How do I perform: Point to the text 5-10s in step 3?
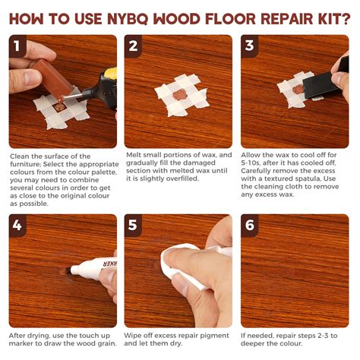(x=254, y=165)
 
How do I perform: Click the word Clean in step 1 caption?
(x=22, y=156)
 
